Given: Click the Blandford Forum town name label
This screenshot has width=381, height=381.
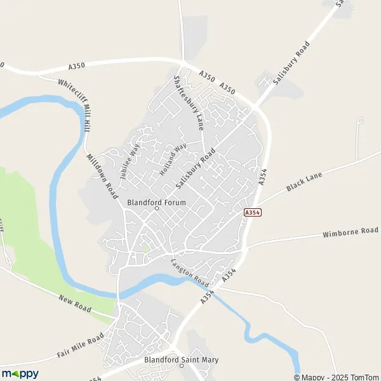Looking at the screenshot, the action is [157, 203].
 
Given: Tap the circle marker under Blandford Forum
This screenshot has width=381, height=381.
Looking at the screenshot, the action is [157, 209].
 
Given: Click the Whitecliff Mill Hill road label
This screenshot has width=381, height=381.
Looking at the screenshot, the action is [74, 105].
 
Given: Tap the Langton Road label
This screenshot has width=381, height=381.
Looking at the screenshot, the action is [190, 271].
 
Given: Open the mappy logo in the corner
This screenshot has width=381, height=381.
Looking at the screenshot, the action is [20, 373].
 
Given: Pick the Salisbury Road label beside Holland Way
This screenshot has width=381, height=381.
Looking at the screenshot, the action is [196, 168].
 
